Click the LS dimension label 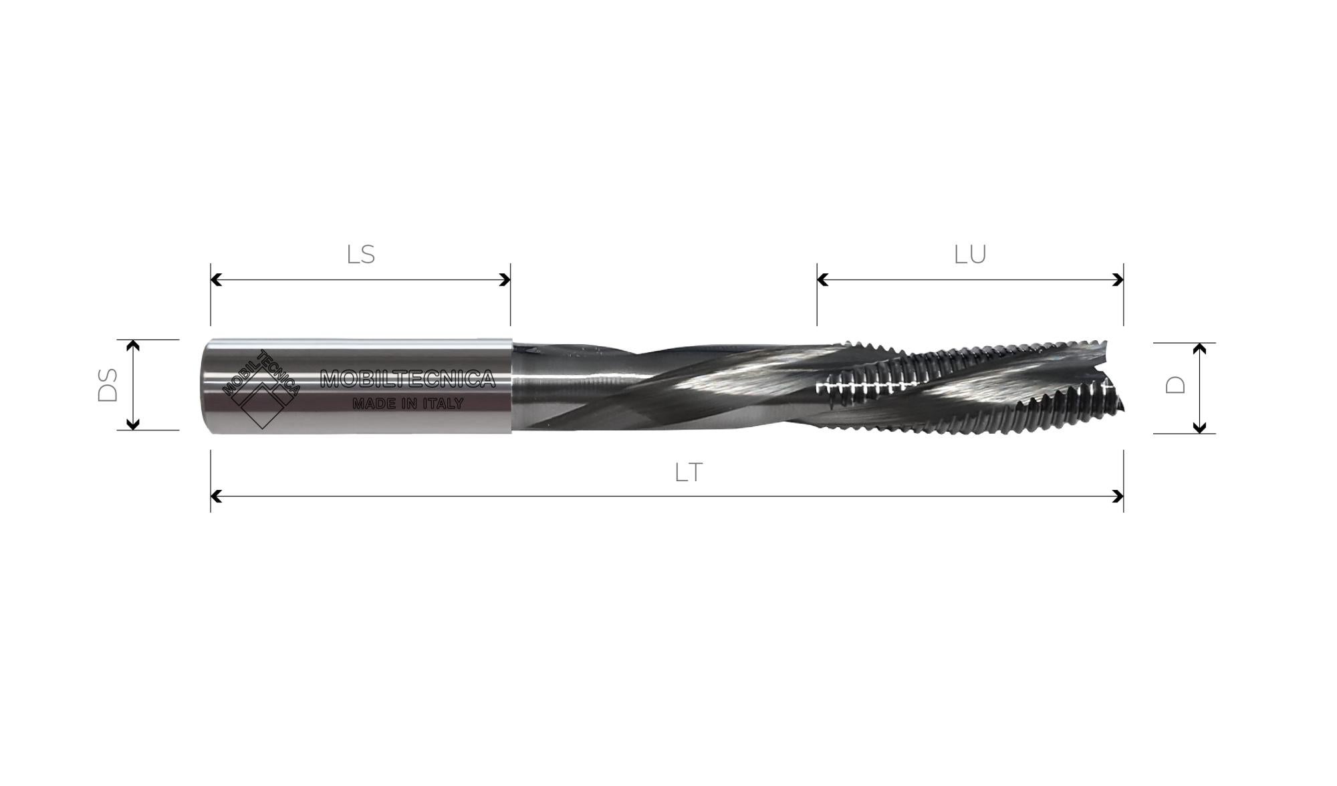361,255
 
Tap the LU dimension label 970,255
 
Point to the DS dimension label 108,385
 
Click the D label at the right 1175,385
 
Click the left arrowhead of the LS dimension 216,280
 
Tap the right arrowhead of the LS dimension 505,280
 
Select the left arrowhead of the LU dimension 823,280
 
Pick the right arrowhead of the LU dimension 1118,280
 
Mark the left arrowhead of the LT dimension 216,496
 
